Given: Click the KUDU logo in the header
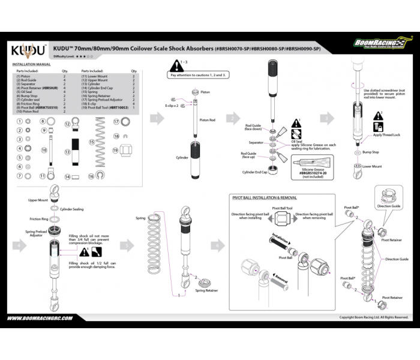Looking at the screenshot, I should [28, 49].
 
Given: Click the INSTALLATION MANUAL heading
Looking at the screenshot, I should [31, 64].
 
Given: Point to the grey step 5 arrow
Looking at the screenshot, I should [127, 245].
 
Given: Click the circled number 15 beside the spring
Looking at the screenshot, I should [92, 143].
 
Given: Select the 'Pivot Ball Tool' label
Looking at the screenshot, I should [281, 208].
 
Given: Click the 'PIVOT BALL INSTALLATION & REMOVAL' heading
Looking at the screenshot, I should [265, 197].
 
